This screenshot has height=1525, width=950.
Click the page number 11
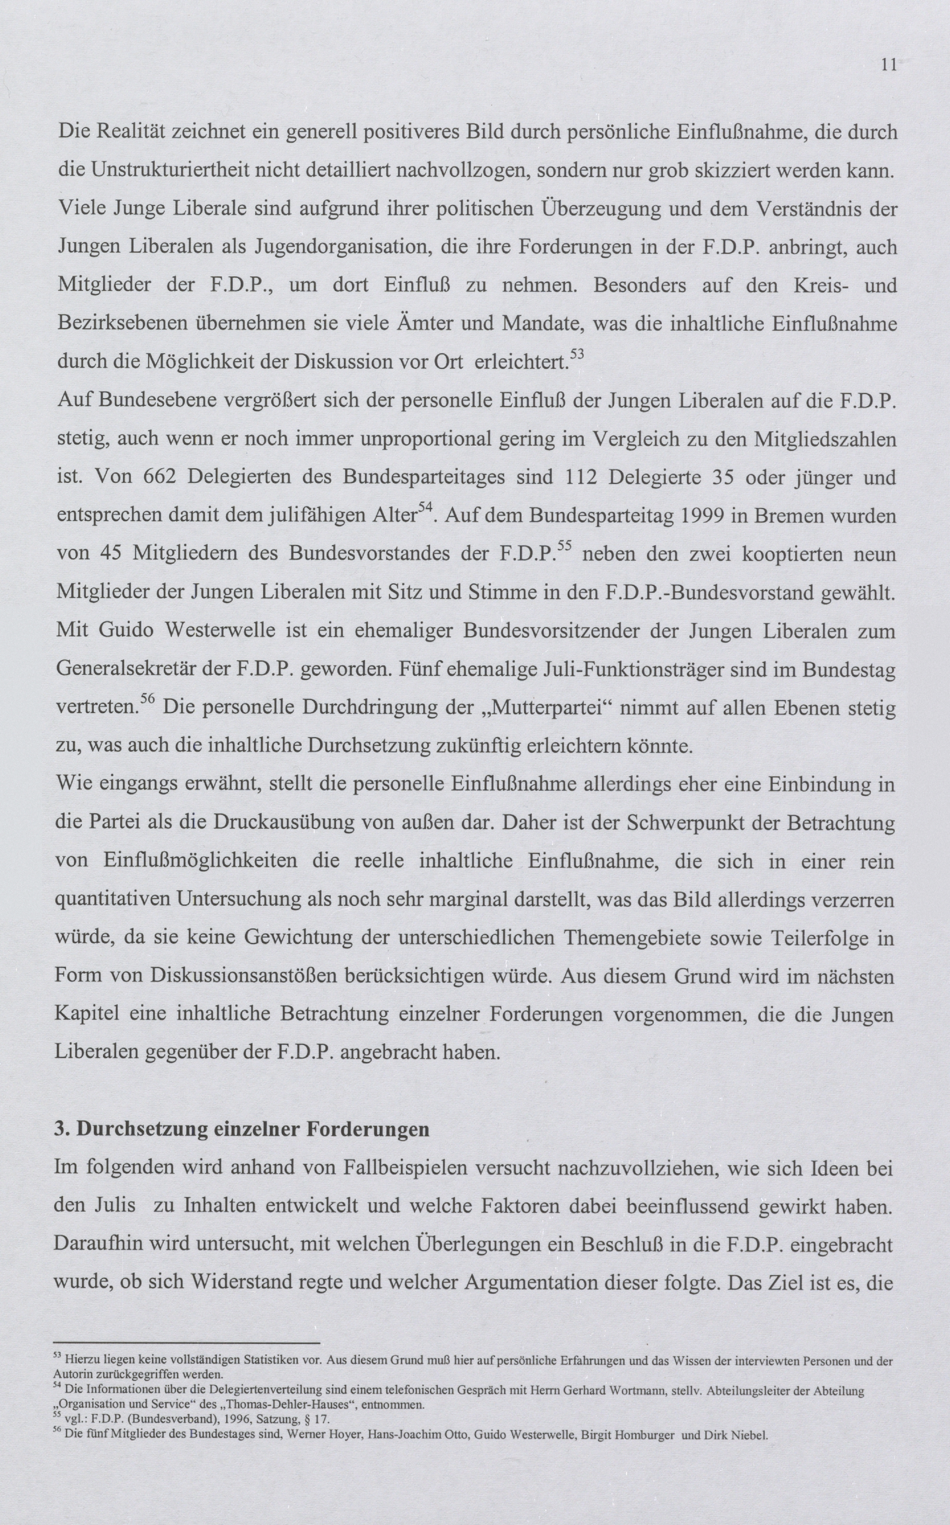point(888,65)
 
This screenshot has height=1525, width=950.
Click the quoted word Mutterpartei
point(544,708)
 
